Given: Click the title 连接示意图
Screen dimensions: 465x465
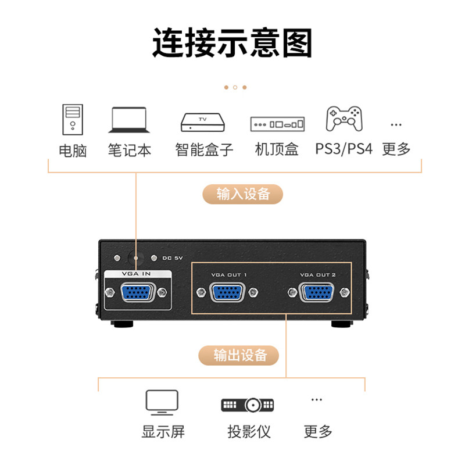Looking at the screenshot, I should pos(233,43).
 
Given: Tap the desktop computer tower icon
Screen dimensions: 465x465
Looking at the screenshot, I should pos(73,119).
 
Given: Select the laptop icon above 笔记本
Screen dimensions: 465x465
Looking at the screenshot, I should pos(129,120).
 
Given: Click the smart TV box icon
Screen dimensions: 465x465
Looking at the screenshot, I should pos(203,121).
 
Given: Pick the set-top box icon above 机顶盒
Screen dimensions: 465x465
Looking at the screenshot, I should pos(277,124).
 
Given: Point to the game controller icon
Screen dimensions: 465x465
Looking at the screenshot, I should pos(345,119).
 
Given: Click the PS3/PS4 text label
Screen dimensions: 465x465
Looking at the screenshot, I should pos(344,149).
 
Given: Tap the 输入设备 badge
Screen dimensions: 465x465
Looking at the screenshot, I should pos(243,194).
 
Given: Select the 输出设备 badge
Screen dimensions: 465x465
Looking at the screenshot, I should pos(239,355).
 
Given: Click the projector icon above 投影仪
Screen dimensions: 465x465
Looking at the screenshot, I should pos(248,405).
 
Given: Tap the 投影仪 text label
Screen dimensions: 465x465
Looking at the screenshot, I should pos(249,432).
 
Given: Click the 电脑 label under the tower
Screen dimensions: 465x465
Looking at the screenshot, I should pos(73,151).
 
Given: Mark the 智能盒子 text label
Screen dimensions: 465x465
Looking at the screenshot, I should pos(204,149).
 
